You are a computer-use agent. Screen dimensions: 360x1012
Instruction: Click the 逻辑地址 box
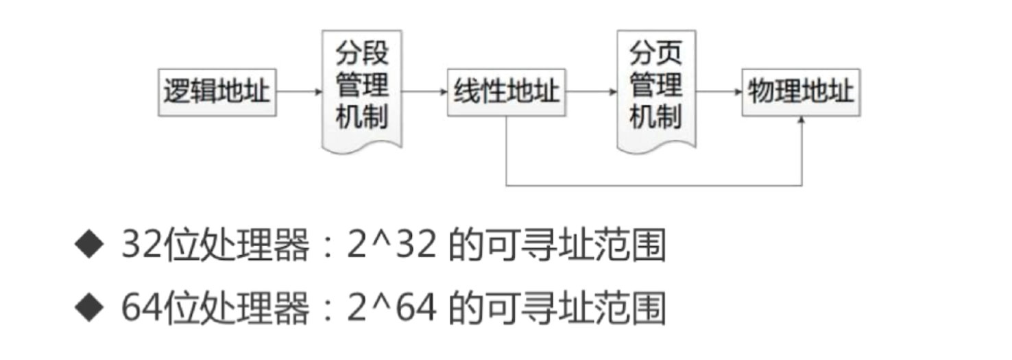(217, 92)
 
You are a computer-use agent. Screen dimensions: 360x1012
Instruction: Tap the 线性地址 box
(506, 92)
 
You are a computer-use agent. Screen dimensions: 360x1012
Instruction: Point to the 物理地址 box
(801, 92)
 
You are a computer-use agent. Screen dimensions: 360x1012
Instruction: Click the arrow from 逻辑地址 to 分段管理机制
(299, 91)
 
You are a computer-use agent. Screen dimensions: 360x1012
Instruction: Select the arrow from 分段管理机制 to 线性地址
(424, 91)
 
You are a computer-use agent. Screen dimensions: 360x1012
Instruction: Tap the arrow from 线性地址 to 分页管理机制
(592, 91)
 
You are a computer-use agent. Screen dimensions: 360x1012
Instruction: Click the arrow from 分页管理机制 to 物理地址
(719, 91)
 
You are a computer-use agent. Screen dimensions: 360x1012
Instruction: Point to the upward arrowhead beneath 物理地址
(801, 121)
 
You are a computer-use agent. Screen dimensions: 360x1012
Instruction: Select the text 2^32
(392, 246)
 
